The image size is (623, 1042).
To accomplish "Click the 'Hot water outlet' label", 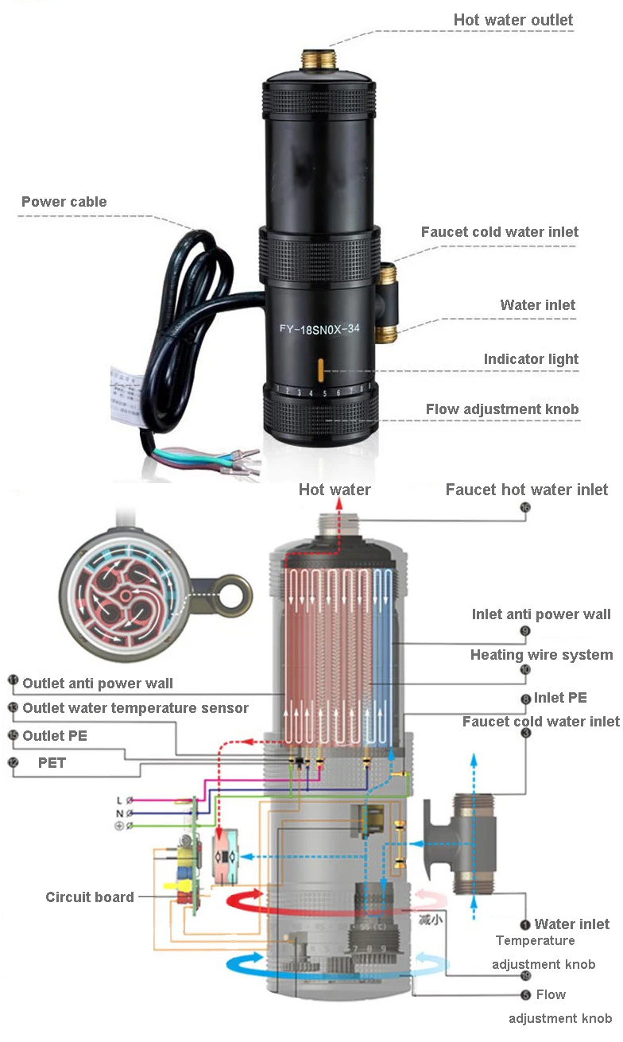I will tap(513, 20).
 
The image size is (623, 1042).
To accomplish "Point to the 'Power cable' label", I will tap(64, 202).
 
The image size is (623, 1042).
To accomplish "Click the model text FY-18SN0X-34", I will tap(319, 332).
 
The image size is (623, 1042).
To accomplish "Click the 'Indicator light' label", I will tap(531, 359).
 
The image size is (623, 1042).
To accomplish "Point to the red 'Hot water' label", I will tap(334, 490).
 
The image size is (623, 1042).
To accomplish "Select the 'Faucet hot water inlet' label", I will tap(526, 490).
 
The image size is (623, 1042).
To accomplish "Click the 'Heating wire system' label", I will tap(541, 655).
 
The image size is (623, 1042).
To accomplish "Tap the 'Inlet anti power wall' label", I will tap(541, 614).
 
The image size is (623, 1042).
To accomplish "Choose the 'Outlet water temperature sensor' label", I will tap(135, 708).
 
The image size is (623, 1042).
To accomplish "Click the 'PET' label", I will tap(52, 762).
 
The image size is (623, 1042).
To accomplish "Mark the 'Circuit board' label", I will tap(89, 897).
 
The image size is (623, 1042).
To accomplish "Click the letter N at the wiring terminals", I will tap(119, 814).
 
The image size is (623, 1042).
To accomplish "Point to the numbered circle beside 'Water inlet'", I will tap(524, 924).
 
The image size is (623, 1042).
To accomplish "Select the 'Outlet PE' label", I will tap(55, 736).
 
